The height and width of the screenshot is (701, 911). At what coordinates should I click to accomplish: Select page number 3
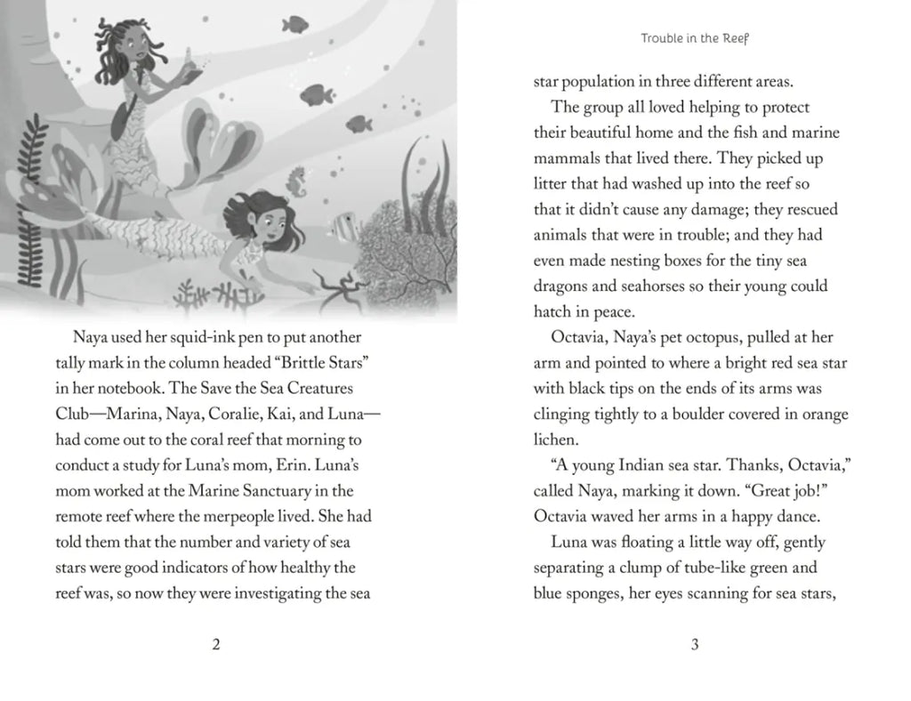[x=694, y=646]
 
